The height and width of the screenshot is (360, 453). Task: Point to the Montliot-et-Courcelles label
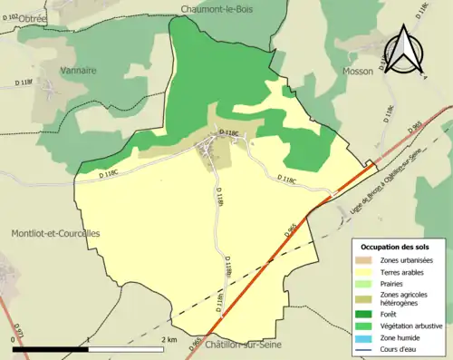[55, 233]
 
